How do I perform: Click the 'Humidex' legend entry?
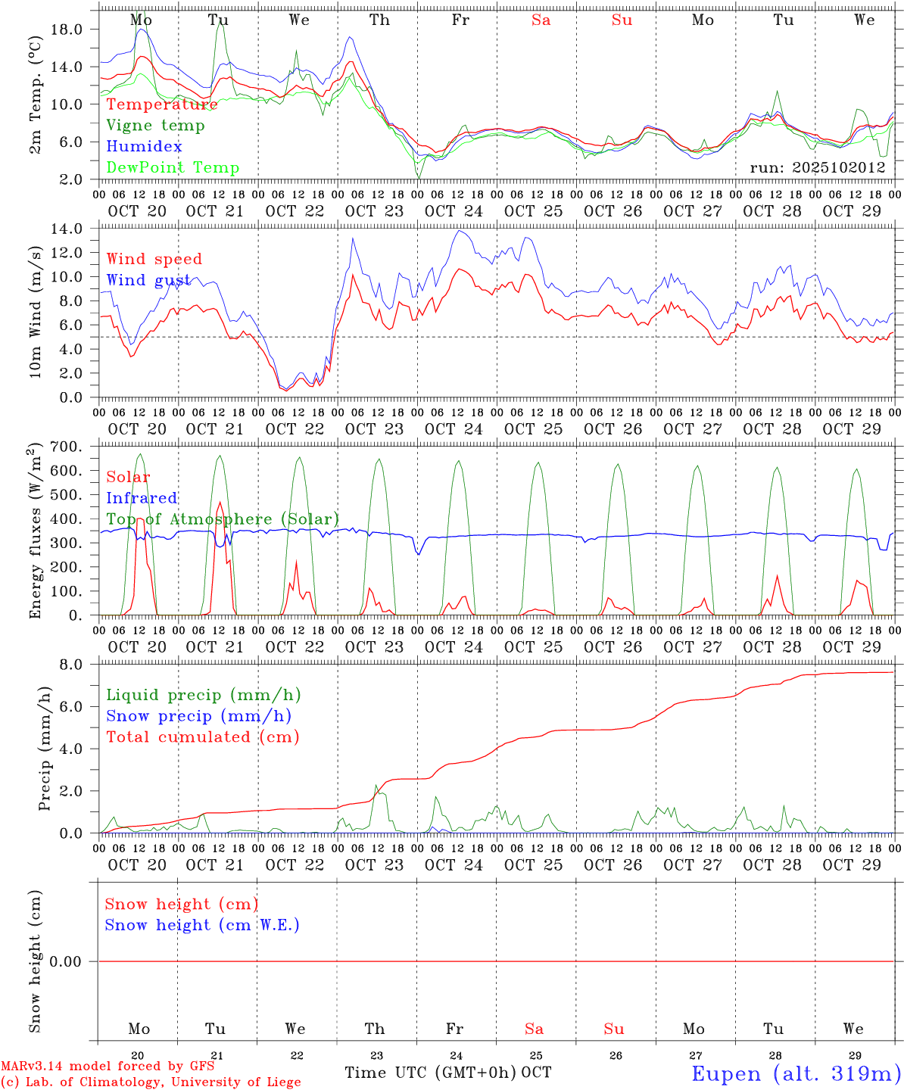pyautogui.click(x=144, y=147)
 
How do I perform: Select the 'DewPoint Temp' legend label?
pyautogui.click(x=173, y=168)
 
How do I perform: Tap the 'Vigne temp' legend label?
pyautogui.click(x=155, y=126)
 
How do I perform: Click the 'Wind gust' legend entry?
pyautogui.click(x=148, y=281)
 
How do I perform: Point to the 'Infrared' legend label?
pyautogui.click(x=142, y=498)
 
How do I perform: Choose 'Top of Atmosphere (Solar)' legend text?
pyautogui.click(x=223, y=519)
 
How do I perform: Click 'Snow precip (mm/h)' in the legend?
pyautogui.click(x=198, y=716)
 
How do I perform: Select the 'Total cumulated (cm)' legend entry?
pyautogui.click(x=202, y=737)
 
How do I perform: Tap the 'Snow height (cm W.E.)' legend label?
pyautogui.click(x=202, y=925)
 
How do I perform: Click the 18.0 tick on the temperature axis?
pyautogui.click(x=65, y=30)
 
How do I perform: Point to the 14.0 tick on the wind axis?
pyautogui.click(x=65, y=229)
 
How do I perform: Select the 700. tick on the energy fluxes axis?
pyautogui.click(x=65, y=447)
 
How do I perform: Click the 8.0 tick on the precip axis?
pyautogui.click(x=70, y=665)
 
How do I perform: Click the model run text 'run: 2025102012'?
pyautogui.click(x=818, y=168)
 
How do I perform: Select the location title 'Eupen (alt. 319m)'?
pyautogui.click(x=795, y=1074)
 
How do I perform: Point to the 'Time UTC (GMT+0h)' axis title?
pyautogui.click(x=430, y=1073)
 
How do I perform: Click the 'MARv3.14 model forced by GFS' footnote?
pyautogui.click(x=108, y=1067)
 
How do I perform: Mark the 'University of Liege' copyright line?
pyautogui.click(x=151, y=1082)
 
